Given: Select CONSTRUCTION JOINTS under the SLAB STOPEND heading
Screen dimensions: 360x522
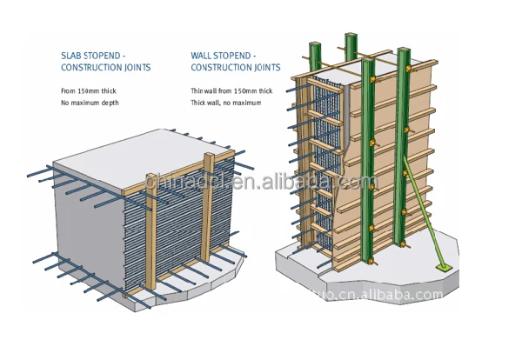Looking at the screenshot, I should click(105, 67).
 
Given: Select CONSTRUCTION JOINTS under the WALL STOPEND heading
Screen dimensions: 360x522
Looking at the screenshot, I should click(235, 67).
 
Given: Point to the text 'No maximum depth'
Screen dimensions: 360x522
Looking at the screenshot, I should click(90, 103).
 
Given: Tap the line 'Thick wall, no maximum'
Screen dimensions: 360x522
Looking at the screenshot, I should click(226, 103).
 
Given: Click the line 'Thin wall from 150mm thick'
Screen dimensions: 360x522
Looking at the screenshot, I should click(231, 90).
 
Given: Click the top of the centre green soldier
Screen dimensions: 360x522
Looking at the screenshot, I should click(351, 42).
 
